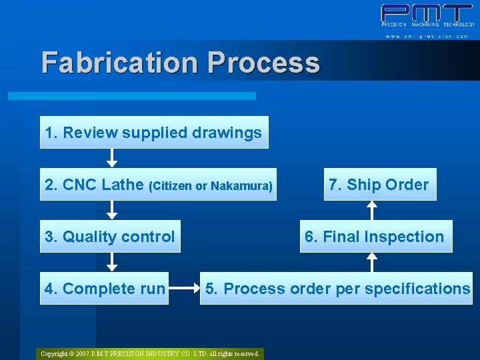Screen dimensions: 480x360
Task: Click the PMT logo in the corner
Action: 427,15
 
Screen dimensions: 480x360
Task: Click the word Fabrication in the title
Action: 120,63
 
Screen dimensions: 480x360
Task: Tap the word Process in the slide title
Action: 263,63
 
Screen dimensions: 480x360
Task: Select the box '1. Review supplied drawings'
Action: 153,133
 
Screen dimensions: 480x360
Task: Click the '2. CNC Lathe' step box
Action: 158,185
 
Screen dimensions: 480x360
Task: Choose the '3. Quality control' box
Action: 110,237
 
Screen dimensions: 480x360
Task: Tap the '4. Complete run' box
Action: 104,289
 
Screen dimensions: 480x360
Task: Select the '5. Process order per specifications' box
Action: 337,289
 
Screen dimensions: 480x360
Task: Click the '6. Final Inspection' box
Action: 376,237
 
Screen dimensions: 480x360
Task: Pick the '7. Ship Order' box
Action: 379,185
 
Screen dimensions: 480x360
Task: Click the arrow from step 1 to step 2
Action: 112,158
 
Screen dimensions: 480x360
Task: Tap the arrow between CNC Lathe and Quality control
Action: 112,210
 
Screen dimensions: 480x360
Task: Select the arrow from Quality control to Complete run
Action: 112,262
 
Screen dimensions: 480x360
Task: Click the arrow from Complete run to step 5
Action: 185,289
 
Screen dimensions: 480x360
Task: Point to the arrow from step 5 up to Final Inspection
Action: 373,262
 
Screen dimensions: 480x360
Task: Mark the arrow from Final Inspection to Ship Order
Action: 373,210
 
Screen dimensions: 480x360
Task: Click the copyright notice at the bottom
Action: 150,353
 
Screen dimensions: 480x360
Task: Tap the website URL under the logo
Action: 427,35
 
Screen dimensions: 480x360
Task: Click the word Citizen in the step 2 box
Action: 173,186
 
